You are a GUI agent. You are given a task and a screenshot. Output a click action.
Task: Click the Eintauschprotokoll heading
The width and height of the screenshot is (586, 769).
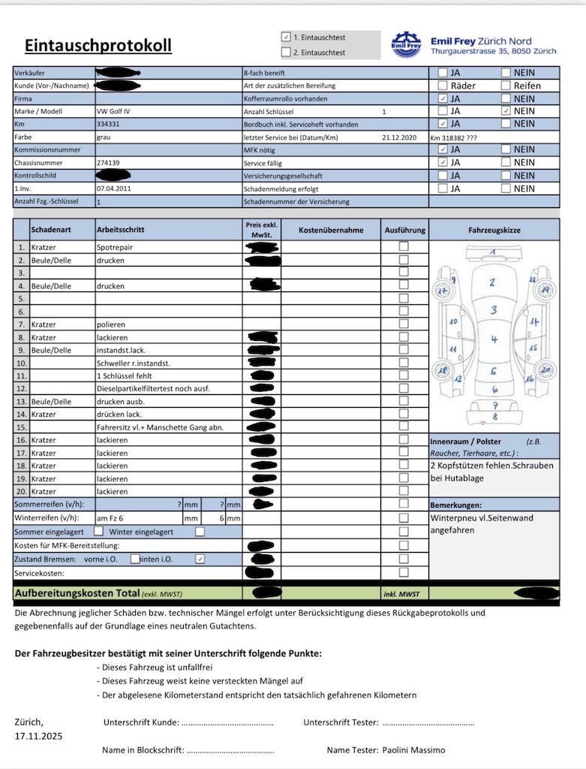point(98,46)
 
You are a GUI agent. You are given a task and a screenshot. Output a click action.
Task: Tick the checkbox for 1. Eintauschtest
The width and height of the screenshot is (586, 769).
point(286,36)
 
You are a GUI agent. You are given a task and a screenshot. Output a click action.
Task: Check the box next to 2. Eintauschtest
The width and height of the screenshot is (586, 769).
point(286,53)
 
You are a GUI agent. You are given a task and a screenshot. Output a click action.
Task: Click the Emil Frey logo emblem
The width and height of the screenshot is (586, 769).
point(407,44)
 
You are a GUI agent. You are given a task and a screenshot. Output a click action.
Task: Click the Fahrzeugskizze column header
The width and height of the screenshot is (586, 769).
point(494,231)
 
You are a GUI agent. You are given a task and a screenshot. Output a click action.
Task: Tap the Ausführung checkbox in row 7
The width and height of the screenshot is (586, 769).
point(404,324)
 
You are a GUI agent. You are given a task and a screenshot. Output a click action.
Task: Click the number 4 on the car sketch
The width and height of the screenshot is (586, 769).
point(494,339)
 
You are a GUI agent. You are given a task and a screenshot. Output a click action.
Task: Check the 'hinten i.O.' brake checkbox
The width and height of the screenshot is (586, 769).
point(200,559)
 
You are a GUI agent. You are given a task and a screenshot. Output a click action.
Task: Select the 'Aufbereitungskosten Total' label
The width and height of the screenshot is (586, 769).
point(77,593)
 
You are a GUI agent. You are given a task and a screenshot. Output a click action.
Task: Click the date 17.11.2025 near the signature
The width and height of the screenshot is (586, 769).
point(38,736)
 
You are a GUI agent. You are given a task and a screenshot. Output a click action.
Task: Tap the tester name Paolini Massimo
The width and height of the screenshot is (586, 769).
point(413,749)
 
